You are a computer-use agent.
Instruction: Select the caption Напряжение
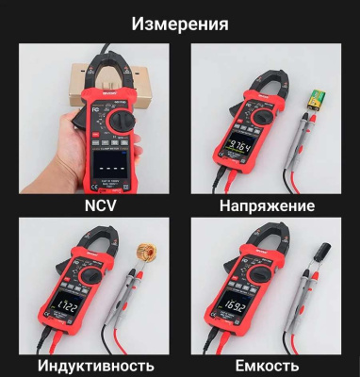[266, 205]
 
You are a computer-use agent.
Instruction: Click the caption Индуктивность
[97, 365]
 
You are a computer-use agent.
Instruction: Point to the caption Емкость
[266, 365]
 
